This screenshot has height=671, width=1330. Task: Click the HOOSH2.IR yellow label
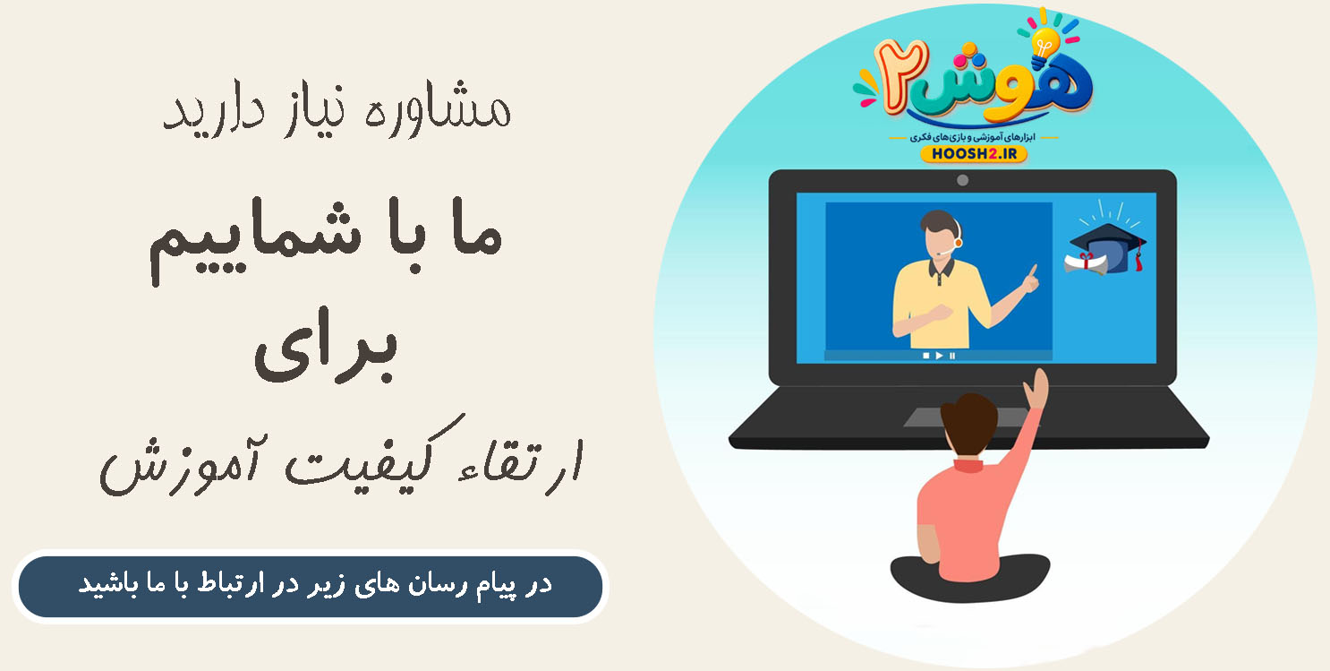pyautogui.click(x=974, y=154)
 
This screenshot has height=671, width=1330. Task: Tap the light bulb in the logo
pyautogui.click(x=1045, y=45)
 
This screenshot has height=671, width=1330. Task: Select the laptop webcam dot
pyautogui.click(x=962, y=180)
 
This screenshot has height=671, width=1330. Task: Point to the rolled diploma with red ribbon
pyautogui.click(x=1086, y=264)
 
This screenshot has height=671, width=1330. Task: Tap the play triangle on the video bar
pyautogui.click(x=939, y=356)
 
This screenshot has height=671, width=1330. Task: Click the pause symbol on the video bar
pyautogui.click(x=952, y=356)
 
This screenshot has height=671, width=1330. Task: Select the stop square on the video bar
pyautogui.click(x=925, y=356)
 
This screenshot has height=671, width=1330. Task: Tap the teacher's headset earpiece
pyautogui.click(x=959, y=243)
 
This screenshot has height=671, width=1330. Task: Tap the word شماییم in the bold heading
pyautogui.click(x=255, y=240)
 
